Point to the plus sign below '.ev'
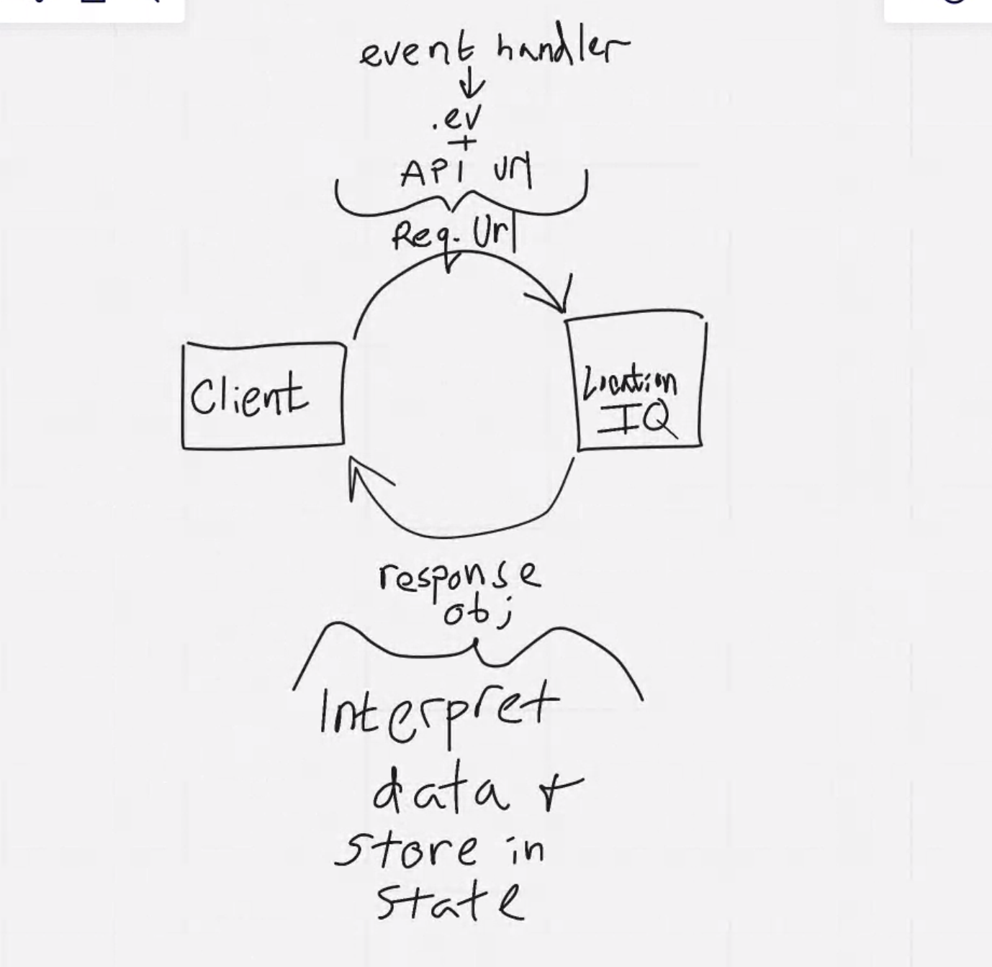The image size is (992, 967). click(466, 143)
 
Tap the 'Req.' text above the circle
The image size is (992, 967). click(420, 235)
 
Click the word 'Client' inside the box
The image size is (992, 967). click(248, 396)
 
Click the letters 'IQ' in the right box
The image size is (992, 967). click(638, 419)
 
